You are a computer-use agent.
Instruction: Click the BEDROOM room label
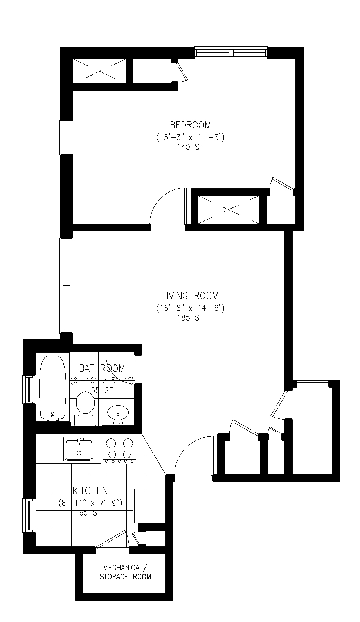[x=190, y=125]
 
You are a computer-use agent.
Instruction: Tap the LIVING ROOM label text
[x=190, y=296]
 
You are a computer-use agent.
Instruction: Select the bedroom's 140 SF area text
[x=190, y=147]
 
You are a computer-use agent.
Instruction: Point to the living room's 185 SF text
[x=190, y=318]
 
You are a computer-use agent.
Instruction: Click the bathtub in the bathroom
[x=53, y=388]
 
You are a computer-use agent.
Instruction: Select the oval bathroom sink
[x=118, y=413]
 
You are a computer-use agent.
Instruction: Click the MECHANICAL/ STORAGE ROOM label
[x=125, y=573]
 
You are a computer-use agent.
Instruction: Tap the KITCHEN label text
[x=90, y=491]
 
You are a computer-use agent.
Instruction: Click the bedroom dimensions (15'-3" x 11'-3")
[x=190, y=137]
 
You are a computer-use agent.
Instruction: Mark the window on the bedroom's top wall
[x=231, y=53]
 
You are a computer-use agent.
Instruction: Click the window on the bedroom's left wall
[x=67, y=137]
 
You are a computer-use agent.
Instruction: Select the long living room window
[x=67, y=285]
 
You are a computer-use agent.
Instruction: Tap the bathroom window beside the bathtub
[x=29, y=389]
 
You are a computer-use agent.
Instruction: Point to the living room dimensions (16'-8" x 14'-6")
[x=190, y=308]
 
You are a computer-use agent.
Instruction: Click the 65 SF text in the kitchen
[x=90, y=513]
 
